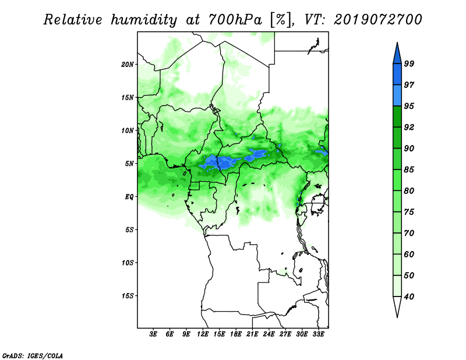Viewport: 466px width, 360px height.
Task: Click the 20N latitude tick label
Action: (128, 65)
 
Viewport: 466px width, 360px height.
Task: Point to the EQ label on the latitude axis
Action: (129, 197)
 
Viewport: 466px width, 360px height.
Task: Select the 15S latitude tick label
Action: (128, 296)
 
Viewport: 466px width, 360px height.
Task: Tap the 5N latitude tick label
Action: (129, 164)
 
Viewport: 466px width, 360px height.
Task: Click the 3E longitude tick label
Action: (153, 334)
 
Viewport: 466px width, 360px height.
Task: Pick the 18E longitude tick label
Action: (236, 334)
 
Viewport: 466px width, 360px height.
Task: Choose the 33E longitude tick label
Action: (318, 334)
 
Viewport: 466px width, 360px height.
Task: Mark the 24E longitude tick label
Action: (269, 334)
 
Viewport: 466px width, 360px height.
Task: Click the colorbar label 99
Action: (409, 63)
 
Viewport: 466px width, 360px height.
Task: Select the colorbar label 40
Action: (409, 297)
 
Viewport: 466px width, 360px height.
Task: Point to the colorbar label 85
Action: (409, 170)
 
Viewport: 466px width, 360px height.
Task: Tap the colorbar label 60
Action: (409, 255)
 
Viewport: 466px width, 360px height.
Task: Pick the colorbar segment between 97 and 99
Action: (397, 75)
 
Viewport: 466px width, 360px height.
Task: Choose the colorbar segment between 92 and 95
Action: (397, 117)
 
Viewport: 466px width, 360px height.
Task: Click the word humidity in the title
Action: (144, 20)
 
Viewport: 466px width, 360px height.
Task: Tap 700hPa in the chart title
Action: (235, 20)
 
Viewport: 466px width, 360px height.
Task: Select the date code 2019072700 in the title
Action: (377, 20)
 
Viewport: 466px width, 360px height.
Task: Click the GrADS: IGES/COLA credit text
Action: (33, 355)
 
